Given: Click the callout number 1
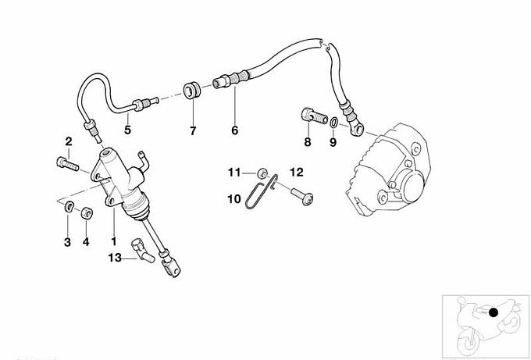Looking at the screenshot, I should [114, 243].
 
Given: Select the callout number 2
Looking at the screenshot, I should [69, 141].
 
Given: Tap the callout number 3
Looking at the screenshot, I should [68, 243].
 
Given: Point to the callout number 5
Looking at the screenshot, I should [127, 131].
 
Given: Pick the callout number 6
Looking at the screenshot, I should [234, 131].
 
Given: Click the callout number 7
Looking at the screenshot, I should [193, 131].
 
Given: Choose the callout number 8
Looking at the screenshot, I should [308, 142].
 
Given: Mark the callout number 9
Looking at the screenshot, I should [333, 142].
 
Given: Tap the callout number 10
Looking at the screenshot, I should [234, 199].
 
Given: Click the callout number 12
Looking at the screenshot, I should [296, 171].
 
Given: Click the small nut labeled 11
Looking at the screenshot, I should [264, 173].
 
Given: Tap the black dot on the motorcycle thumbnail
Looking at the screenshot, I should [493, 312].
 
